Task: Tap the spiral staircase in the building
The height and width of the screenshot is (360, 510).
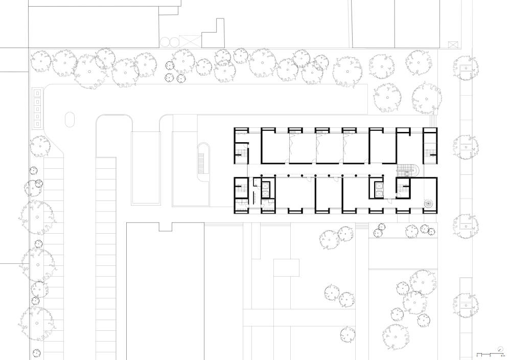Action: [427, 204]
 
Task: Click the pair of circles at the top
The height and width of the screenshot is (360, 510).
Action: [168, 42]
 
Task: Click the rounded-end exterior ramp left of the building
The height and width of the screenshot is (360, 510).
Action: [204, 162]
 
